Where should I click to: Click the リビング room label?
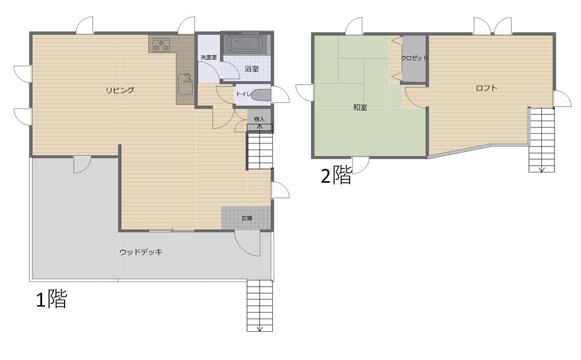coord(119,90)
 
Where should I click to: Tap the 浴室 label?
coord(252,69)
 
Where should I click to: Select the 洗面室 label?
coord(209,58)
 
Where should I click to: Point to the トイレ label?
coord(243,94)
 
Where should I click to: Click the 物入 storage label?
coord(260,119)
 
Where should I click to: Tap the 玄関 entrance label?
coord(247,219)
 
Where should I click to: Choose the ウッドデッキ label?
coord(141,252)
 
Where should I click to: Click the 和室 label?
coord(360,107)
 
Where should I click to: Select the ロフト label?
coord(486,88)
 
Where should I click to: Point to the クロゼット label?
coord(414,58)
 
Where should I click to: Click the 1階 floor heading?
coord(51,299)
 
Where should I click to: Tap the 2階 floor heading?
coord(336,175)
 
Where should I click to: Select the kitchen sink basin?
coord(186,84)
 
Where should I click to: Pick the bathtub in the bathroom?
coord(245,44)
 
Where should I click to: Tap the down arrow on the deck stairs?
coord(260,328)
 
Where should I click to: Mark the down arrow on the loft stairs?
coord(541,169)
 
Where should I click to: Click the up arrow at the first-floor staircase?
coord(260,128)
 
